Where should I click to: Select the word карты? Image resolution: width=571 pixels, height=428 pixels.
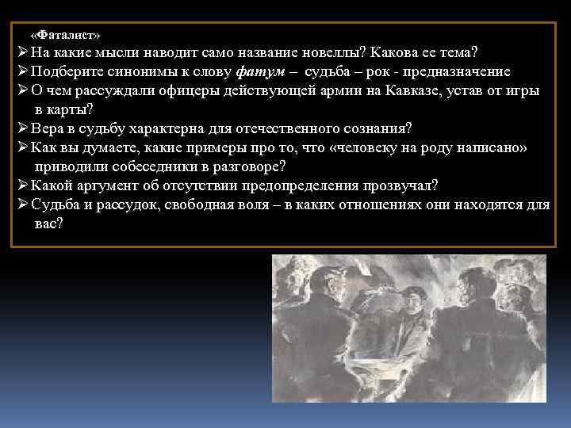tap(76, 109)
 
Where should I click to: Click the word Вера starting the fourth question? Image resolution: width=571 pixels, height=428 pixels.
tap(47, 128)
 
